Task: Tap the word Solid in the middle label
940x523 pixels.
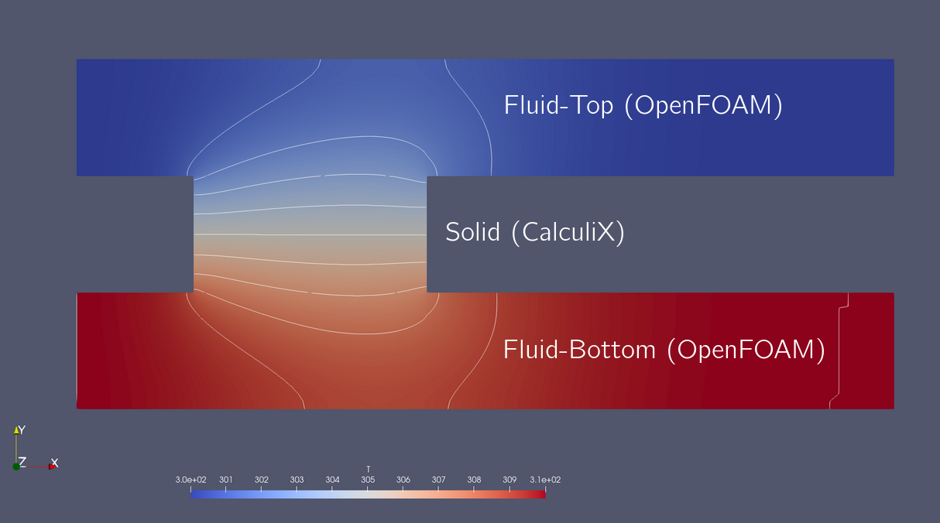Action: (x=472, y=232)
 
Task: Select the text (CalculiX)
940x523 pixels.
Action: (x=568, y=232)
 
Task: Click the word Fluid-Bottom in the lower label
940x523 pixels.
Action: (x=579, y=350)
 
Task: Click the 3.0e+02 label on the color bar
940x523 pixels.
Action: (x=191, y=480)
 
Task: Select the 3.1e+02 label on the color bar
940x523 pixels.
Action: (x=546, y=480)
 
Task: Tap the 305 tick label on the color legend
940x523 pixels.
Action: (x=368, y=480)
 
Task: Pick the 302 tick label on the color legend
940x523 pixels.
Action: (x=262, y=480)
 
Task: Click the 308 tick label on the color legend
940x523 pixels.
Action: (x=474, y=480)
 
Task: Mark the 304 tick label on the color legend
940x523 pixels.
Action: (x=332, y=480)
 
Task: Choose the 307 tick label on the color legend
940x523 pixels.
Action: (x=438, y=480)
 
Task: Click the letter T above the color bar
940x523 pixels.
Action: (x=368, y=469)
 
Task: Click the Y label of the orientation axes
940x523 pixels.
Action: (x=22, y=430)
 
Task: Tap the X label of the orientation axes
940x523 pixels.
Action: (x=54, y=463)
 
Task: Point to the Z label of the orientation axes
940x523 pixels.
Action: (x=22, y=462)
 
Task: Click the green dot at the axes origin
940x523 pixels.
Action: (x=15, y=467)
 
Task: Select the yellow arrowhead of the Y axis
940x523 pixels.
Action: (x=15, y=429)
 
